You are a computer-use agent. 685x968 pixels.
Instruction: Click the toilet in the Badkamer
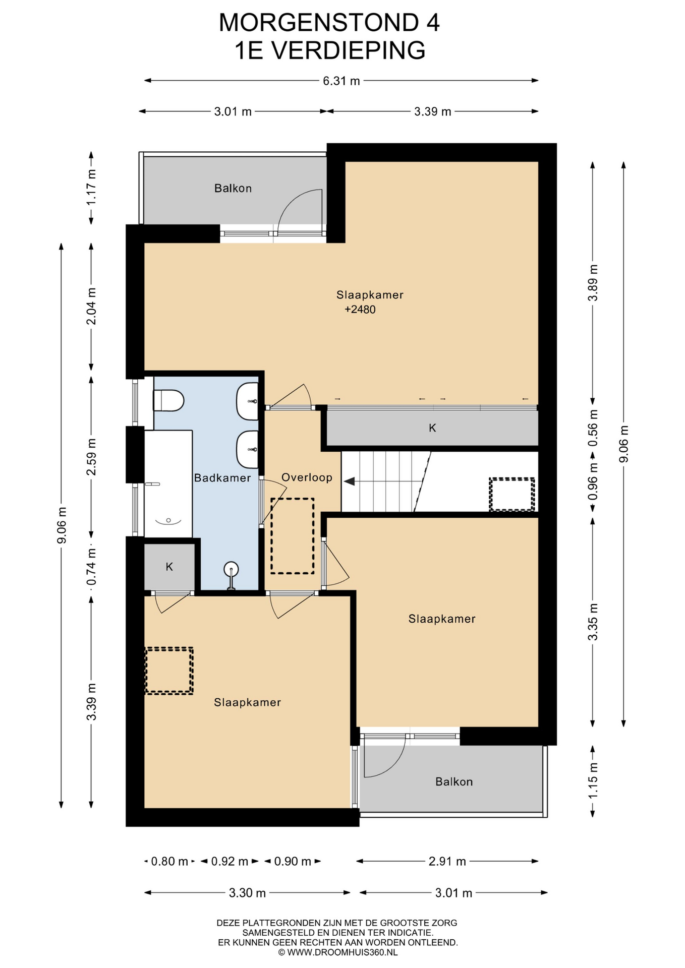pos(168,401)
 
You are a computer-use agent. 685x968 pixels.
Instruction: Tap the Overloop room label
pos(307,477)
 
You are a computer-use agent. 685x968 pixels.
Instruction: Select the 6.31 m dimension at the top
pos(341,81)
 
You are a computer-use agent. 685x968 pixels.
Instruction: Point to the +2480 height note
pos(360,310)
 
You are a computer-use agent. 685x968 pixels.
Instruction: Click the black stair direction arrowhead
pos(349,481)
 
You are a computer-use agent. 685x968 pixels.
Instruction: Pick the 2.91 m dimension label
pos(447,861)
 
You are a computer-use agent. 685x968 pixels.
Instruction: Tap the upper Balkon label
pos(233,188)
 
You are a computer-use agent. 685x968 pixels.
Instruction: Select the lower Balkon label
pos(454,781)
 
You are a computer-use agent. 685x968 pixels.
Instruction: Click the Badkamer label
pos(222,477)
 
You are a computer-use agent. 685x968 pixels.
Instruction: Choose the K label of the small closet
pos(169,567)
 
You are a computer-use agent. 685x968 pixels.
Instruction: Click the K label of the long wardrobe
pos(432,428)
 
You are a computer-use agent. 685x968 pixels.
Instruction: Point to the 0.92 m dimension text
pos(230,861)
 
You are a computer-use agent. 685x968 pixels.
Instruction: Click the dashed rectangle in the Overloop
pos(292,536)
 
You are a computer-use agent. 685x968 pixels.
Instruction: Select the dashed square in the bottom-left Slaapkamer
pos(169,671)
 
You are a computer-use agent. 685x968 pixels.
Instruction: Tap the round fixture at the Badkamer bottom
pos(231,570)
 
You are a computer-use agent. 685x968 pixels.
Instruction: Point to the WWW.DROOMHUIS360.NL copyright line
pos(337,952)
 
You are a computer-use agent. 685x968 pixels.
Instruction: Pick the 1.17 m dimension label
pos(91,187)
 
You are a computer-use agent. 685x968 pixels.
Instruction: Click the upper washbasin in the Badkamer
pos(247,401)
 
